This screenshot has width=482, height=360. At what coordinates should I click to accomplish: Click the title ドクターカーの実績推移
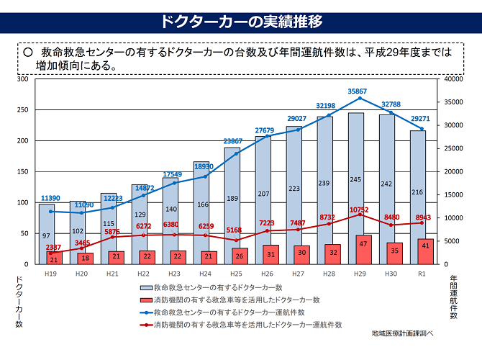(241, 21)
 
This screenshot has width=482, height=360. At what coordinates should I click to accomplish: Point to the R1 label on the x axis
(422, 274)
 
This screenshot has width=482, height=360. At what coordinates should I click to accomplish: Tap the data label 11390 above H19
(50, 198)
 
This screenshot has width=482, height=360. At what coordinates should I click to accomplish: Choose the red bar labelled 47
(364, 244)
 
